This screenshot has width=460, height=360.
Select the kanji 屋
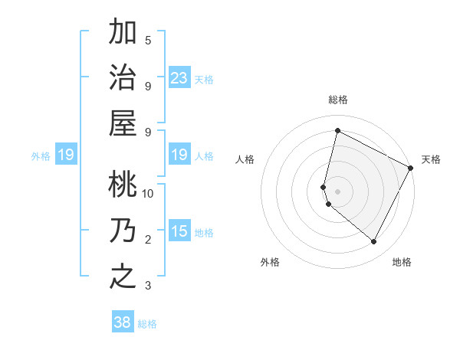[123, 123]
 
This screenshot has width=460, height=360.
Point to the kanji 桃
[123, 184]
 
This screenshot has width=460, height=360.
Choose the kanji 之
[123, 276]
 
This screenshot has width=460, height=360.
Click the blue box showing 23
[179, 77]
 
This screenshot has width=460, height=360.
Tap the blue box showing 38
[123, 322]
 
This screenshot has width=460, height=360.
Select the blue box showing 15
[179, 231]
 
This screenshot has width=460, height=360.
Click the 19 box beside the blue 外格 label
[66, 155]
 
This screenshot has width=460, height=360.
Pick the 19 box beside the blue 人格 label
[179, 155]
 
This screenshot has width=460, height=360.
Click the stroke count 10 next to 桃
[148, 194]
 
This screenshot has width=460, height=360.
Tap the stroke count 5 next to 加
[148, 41]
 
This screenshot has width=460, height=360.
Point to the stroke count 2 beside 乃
[148, 240]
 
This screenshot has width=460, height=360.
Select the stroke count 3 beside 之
[148, 286]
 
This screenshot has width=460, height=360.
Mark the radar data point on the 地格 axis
[373, 241]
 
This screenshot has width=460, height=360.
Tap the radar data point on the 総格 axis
[337, 130]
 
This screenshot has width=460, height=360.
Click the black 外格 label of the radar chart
[270, 262]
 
